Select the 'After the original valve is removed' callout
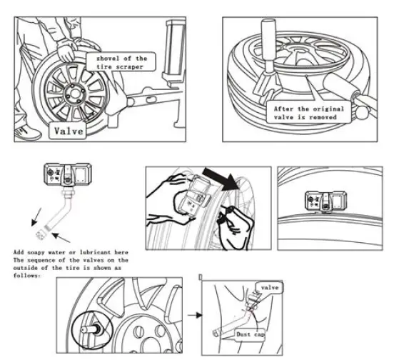pyautogui.click(x=308, y=114)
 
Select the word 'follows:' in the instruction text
pyautogui.click(x=26, y=274)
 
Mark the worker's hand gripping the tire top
pyautogui.click(x=66, y=51)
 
